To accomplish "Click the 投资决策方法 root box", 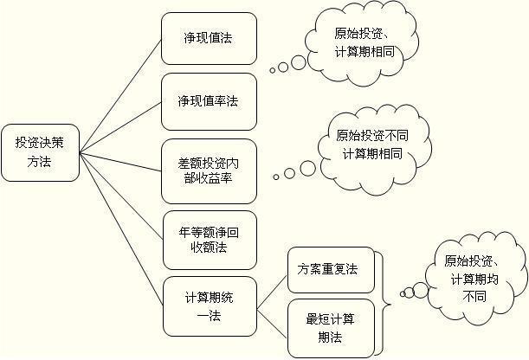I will click(39, 152).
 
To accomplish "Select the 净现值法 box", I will click(209, 39).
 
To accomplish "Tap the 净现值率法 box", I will click(209, 101).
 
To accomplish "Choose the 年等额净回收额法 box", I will click(209, 240).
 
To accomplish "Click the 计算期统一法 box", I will click(209, 305).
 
